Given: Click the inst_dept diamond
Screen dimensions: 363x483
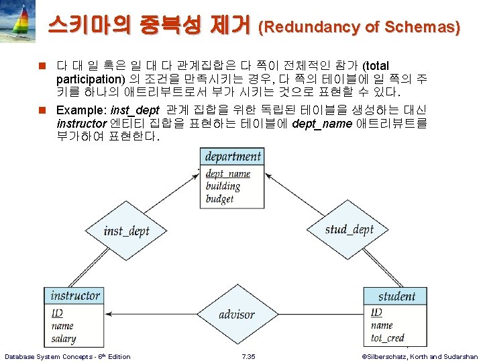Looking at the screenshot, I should tap(127, 231).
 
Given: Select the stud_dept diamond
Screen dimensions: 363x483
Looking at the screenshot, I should tap(349, 229).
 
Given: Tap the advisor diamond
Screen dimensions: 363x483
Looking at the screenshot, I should tap(237, 314).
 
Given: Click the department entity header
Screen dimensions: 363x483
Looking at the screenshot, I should tap(233, 157).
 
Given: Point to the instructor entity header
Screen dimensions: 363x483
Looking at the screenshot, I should tap(75, 295).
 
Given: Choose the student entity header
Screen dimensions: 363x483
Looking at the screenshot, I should tap(396, 296).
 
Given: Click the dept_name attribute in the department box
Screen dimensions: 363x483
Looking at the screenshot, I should tap(227, 173).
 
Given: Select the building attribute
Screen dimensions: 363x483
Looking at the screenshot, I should tap(223, 186).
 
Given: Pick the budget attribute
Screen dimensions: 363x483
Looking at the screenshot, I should tap(220, 199).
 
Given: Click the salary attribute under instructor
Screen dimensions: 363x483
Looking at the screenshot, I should tap(64, 339).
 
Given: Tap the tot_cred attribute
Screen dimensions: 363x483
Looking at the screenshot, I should tap(388, 338).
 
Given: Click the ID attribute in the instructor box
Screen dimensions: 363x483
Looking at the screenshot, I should tap(57, 313).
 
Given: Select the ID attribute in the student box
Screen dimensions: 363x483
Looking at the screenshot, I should tap(376, 313).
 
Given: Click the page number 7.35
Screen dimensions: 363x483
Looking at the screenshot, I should tap(248, 356).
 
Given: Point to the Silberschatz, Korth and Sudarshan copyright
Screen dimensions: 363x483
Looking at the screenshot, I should tap(419, 356).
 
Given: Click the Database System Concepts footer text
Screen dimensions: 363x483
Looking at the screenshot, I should tap(68, 356).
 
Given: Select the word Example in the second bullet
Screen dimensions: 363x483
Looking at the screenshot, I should tap(80, 110).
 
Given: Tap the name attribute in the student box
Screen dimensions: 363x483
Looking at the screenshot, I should tap(382, 325).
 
